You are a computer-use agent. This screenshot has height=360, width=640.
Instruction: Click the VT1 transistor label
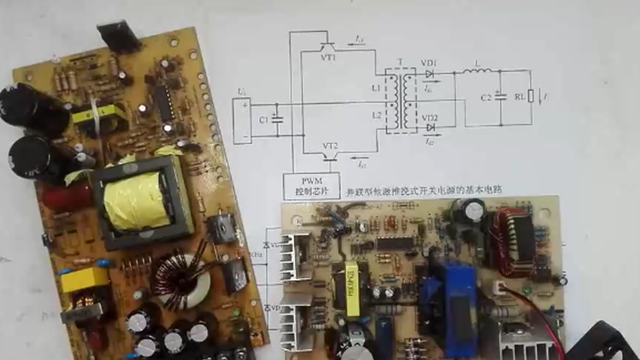click(328, 57)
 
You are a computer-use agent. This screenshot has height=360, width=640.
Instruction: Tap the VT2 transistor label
click(330, 145)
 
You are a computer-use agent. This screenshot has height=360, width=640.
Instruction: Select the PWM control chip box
click(311, 186)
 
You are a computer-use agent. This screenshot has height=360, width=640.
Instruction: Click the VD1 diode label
click(428, 63)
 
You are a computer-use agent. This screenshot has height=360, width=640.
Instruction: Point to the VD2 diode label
click(429, 118)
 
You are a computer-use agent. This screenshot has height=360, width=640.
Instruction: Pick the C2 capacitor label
click(486, 97)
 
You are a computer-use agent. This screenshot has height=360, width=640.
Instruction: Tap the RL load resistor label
click(520, 97)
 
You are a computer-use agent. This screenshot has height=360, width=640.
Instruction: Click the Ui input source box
click(242, 120)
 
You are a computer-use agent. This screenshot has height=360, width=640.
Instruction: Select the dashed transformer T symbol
click(400, 100)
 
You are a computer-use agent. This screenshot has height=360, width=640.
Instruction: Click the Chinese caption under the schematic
click(424, 190)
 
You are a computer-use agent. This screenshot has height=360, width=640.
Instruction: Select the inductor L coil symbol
click(476, 71)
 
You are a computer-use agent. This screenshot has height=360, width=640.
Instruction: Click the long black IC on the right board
click(395, 243)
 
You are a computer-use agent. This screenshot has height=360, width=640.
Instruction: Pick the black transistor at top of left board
click(119, 36)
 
